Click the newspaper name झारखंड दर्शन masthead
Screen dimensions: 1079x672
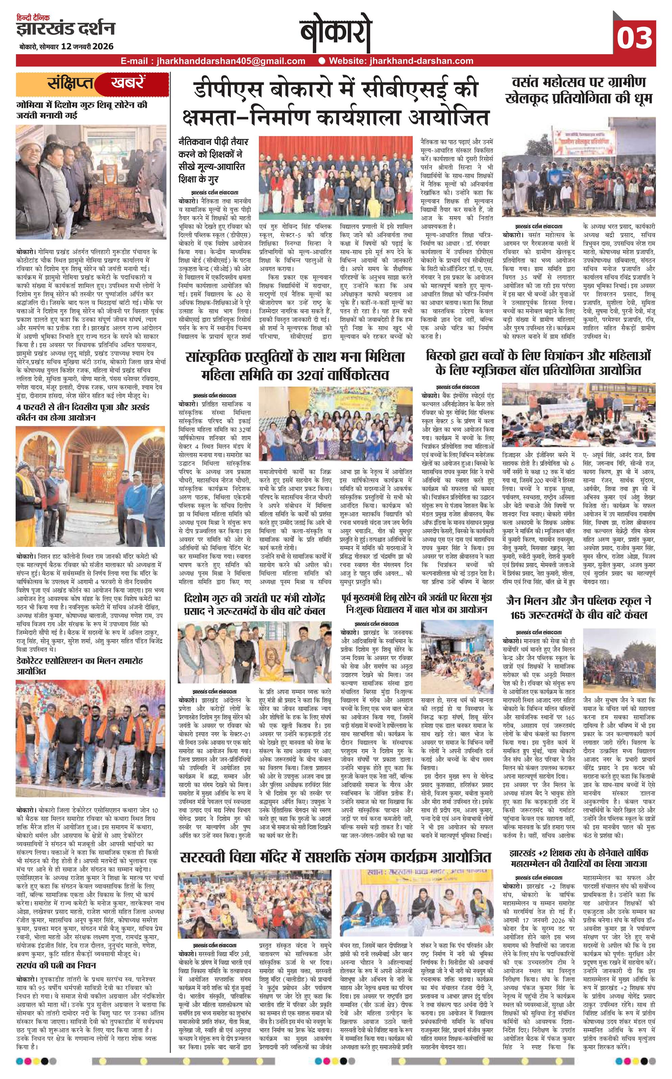[x=66, y=29]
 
